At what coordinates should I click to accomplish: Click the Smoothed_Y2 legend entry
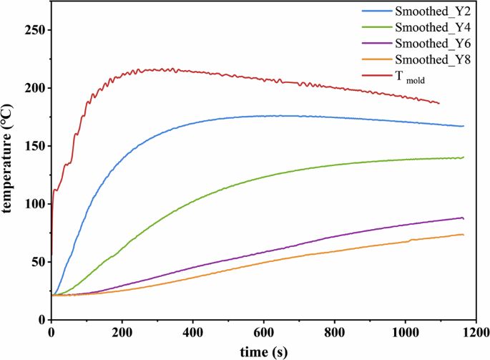coord(428,11)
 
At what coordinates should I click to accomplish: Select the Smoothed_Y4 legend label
coord(428,27)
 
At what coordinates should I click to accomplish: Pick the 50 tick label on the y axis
coord(36,262)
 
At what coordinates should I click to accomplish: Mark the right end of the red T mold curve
coord(439,103)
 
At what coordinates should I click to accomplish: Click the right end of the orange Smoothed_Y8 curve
coord(464,235)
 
